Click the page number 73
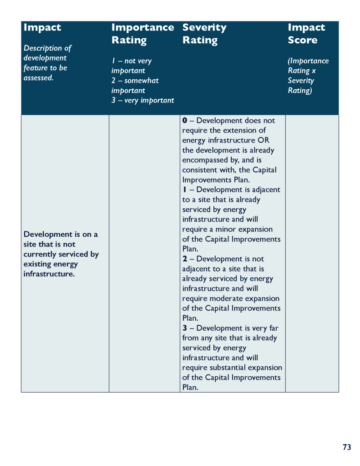pyautogui.click(x=347, y=447)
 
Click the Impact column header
pyautogui.click(x=42, y=28)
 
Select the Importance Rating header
pyautogui.click(x=142, y=34)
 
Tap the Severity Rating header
pyautogui.click(x=204, y=34)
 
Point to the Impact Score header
pyautogui.click(x=306, y=34)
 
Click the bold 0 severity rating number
pyautogui.click(x=185, y=121)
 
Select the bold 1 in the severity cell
pyautogui.click(x=185, y=190)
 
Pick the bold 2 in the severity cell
pyautogui.click(x=185, y=259)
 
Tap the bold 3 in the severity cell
pyautogui.click(x=185, y=328)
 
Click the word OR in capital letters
pyautogui.click(x=264, y=140)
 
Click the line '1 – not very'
pyautogui.click(x=132, y=61)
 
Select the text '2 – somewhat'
pyautogui.click(x=135, y=81)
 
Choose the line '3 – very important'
pyautogui.click(x=142, y=100)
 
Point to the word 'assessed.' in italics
pyautogui.click(x=39, y=78)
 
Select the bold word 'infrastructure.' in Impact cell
pyautogui.click(x=49, y=274)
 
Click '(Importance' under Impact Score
pyautogui.click(x=308, y=61)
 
